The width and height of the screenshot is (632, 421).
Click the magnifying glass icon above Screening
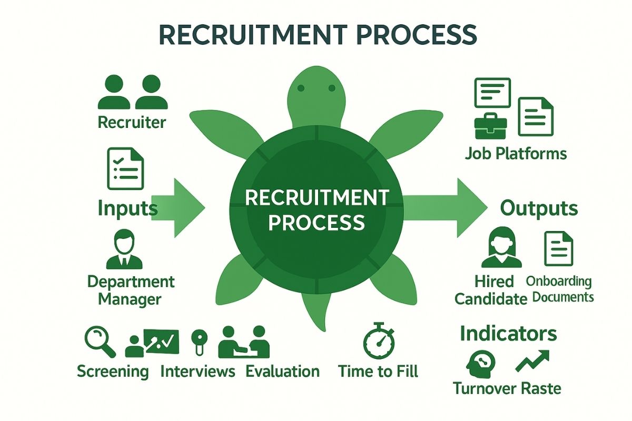pos(100,340)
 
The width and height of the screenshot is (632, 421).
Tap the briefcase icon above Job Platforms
pos(490,126)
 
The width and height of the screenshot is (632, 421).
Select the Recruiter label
pos(132,123)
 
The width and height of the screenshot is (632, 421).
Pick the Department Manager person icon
pos(124,250)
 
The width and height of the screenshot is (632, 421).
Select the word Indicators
pos(508,333)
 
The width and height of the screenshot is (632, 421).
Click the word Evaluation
pos(282,371)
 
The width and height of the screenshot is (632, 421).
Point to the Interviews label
pos(197,371)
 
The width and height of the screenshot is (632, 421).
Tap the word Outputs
pos(539,208)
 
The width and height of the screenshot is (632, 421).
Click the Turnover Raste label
pos(507,389)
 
